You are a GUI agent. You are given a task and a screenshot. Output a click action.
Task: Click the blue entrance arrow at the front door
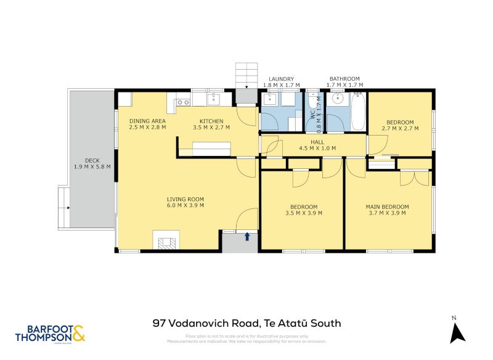(248, 236)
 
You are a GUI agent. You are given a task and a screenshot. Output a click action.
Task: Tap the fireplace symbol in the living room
(166, 242)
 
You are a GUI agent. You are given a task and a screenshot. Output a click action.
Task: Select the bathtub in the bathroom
(358, 112)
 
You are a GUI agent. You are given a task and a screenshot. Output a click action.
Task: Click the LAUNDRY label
(281, 79)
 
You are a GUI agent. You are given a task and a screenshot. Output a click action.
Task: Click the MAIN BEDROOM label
(387, 207)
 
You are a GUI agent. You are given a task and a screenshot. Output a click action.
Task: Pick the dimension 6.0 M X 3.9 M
(185, 205)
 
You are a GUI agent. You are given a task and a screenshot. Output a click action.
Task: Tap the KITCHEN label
(211, 121)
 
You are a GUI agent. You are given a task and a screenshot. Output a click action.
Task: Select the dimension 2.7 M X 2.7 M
(400, 128)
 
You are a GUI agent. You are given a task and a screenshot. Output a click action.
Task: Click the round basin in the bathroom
(336, 99)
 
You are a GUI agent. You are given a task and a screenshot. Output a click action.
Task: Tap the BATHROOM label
(344, 79)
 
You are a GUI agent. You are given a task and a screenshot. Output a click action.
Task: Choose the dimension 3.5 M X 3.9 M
(303, 213)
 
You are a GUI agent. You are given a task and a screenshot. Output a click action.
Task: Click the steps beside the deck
(63, 208)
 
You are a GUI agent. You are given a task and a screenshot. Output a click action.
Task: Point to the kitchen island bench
(212, 148)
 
